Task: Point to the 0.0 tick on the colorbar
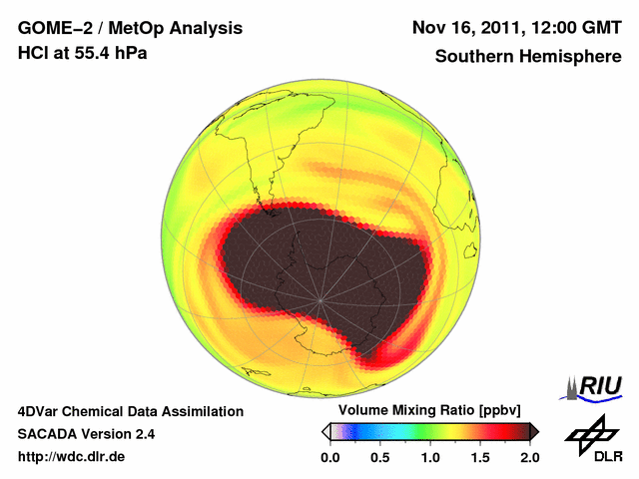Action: tap(330, 457)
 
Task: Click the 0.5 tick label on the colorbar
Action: tap(380, 457)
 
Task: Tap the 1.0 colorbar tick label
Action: tap(430, 457)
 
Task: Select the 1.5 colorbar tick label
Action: tap(480, 457)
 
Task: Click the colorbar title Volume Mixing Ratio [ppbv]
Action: tap(426, 411)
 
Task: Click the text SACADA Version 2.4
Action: tap(86, 434)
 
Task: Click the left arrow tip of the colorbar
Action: tap(323, 431)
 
